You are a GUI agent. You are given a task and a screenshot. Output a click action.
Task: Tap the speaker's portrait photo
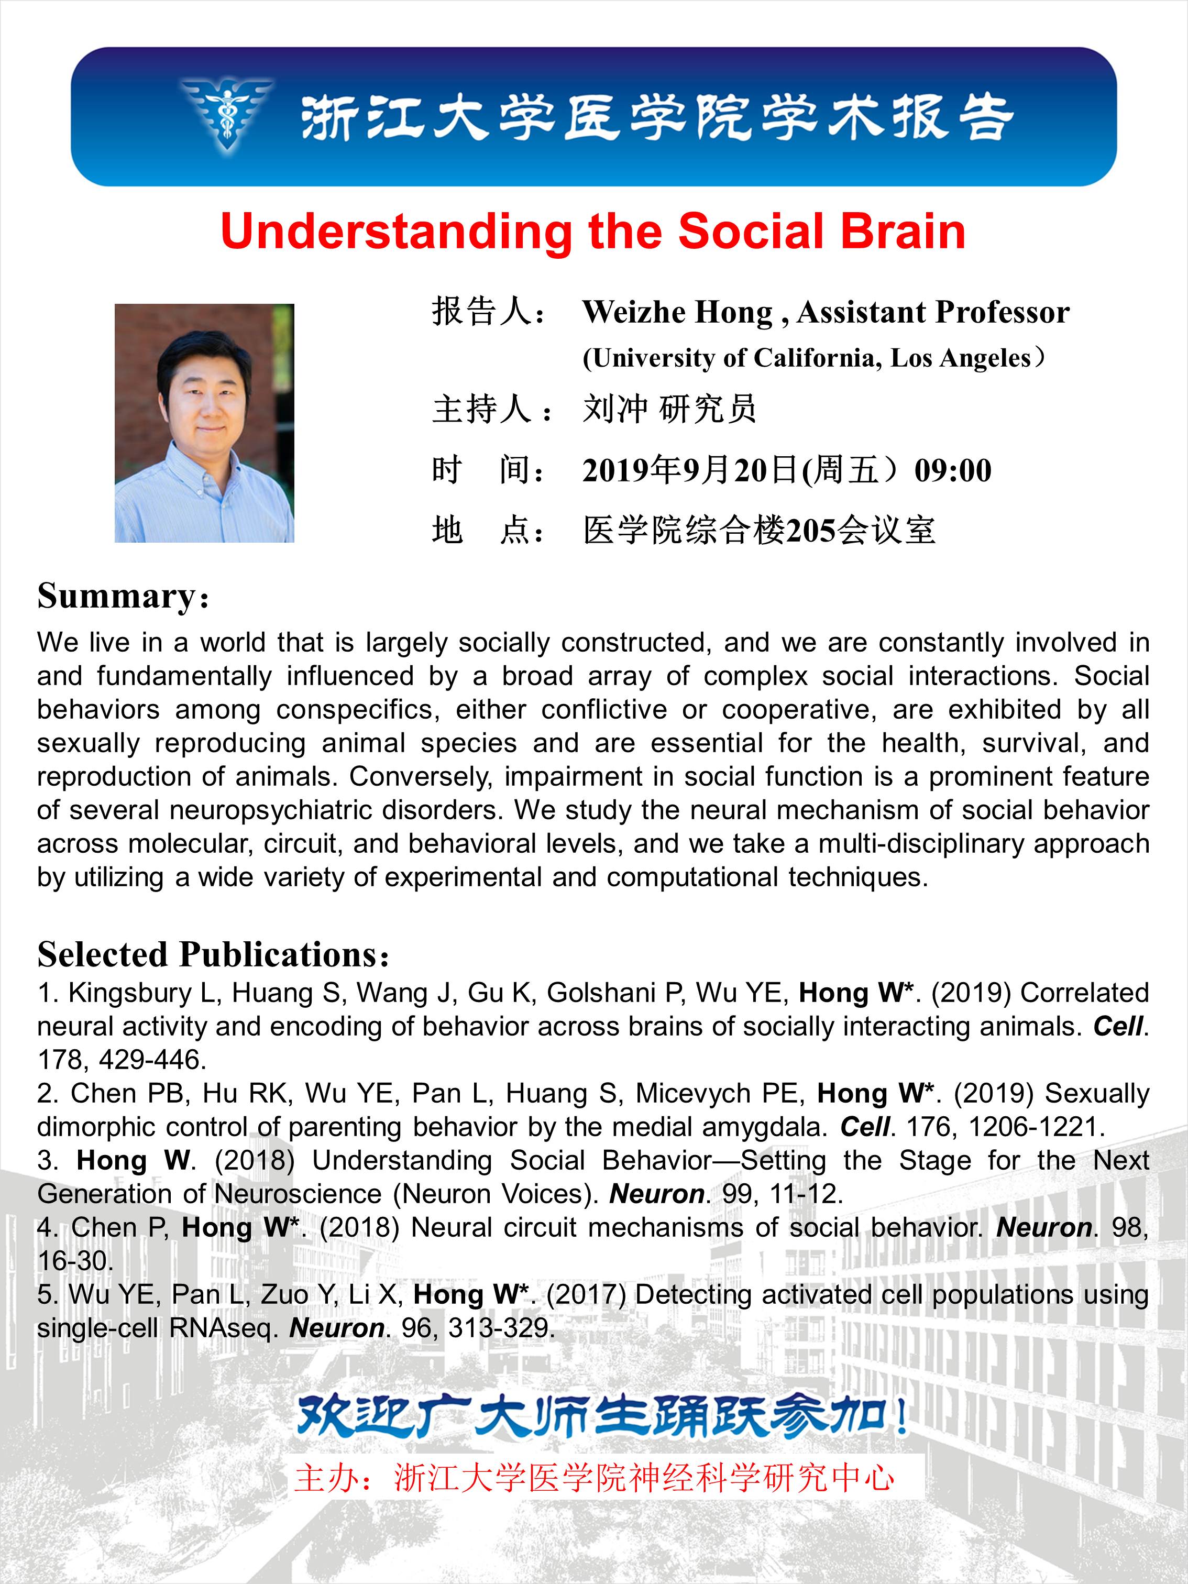click(x=205, y=423)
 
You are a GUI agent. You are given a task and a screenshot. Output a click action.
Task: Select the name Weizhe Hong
click(x=677, y=312)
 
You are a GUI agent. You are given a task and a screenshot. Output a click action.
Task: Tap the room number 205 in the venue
click(x=811, y=531)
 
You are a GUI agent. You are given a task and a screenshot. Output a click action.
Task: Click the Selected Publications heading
click(x=207, y=954)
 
